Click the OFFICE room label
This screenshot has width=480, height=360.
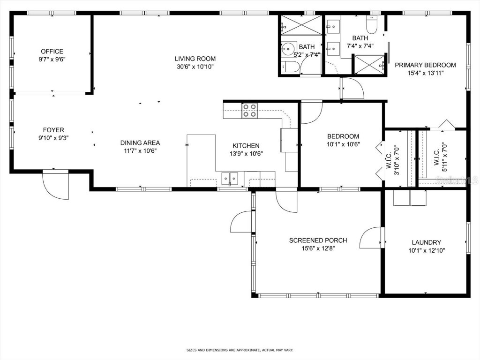(52, 52)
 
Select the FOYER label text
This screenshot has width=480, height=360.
(53, 130)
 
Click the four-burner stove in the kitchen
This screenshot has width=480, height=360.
(249, 111)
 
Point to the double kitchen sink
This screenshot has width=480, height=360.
(230, 178)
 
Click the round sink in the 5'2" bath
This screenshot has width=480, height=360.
(287, 48)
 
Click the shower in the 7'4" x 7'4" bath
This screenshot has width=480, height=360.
(368, 64)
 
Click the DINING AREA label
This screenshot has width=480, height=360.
(140, 143)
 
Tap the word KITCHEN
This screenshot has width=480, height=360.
(246, 146)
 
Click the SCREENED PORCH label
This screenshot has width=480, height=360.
(318, 240)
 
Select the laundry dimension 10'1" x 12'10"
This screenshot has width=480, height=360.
(426, 250)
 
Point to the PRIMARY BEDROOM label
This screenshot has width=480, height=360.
(425, 65)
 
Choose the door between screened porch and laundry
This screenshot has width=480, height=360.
(371, 238)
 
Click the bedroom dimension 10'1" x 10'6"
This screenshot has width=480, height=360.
(343, 144)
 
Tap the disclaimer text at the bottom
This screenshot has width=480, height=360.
(240, 350)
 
